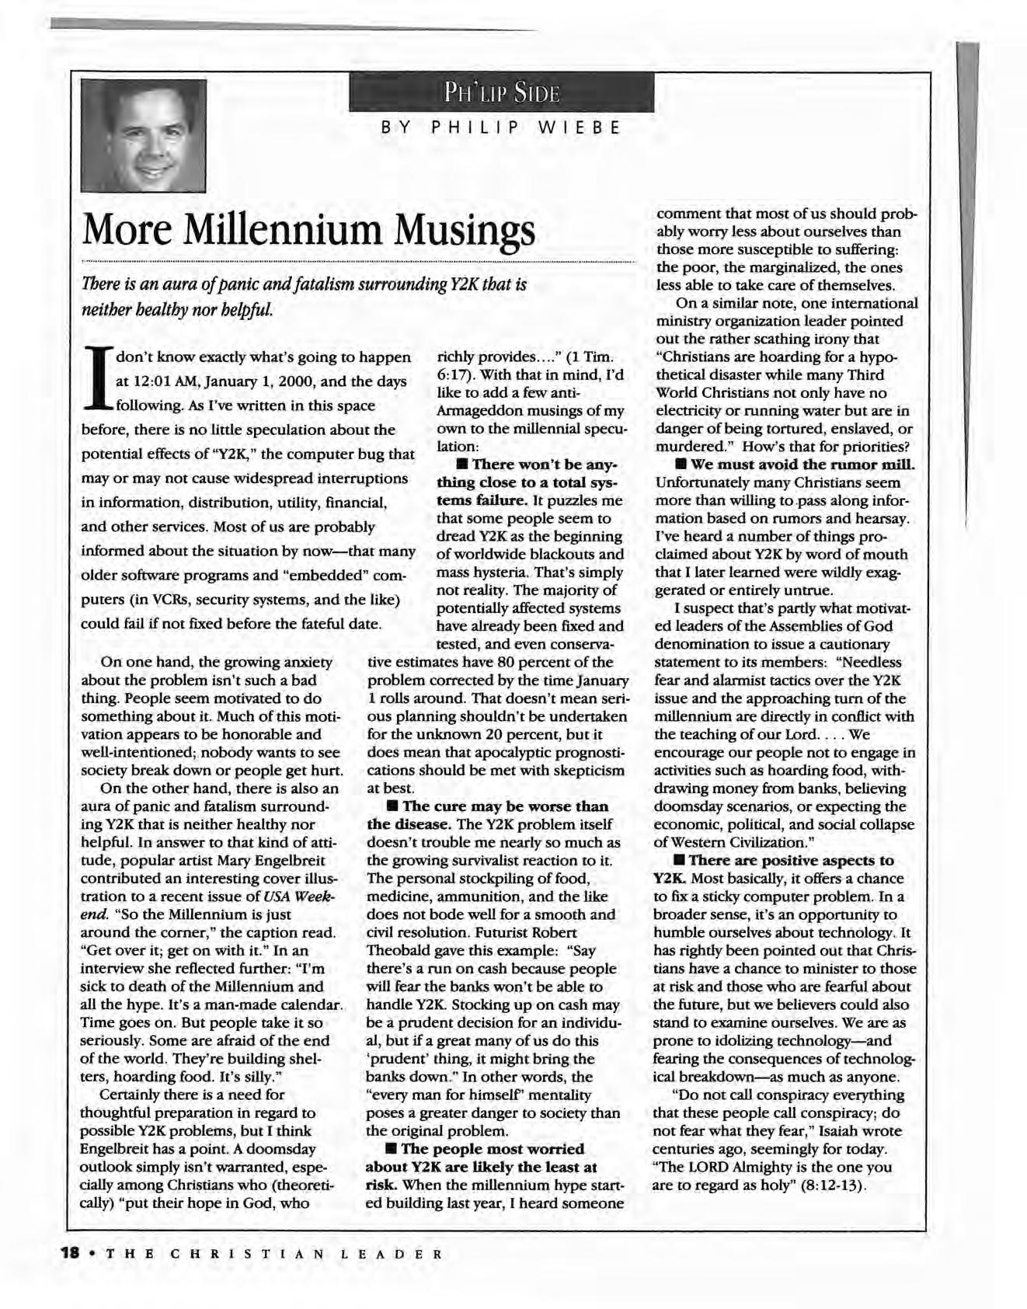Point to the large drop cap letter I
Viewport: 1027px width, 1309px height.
click(99, 378)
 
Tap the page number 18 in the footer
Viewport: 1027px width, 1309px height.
click(70, 1254)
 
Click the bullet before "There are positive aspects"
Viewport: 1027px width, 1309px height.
click(679, 861)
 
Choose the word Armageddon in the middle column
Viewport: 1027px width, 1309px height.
click(479, 411)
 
